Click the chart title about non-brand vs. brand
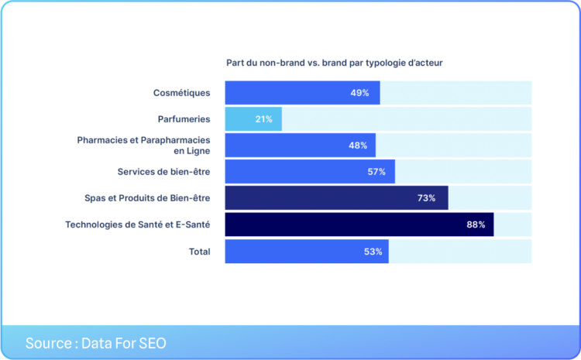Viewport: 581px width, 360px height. pyautogui.click(x=334, y=63)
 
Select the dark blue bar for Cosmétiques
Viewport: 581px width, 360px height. pyautogui.click(x=302, y=93)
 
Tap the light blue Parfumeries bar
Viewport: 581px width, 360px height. pyautogui.click(x=253, y=119)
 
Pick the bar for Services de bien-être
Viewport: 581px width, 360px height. pyautogui.click(x=310, y=172)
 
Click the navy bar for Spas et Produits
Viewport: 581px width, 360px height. pyautogui.click(x=336, y=198)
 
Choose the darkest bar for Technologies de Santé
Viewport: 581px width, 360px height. pyautogui.click(x=359, y=225)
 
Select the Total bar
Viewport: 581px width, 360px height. pyautogui.click(x=307, y=252)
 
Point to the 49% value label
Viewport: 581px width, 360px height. pyautogui.click(x=360, y=93)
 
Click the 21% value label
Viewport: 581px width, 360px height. pyautogui.click(x=263, y=119)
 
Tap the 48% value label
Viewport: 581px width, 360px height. pyautogui.click(x=357, y=146)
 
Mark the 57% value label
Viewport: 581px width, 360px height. pyautogui.click(x=376, y=172)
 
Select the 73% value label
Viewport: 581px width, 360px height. pyautogui.click(x=426, y=198)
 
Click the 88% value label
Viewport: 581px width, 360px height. pyautogui.click(x=476, y=225)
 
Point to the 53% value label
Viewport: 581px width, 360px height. pyautogui.click(x=373, y=252)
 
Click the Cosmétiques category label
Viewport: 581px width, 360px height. pyautogui.click(x=181, y=93)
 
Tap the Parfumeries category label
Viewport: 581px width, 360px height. pyautogui.click(x=184, y=119)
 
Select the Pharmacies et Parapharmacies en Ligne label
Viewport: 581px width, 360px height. pyautogui.click(x=143, y=146)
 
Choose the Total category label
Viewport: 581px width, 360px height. pyautogui.click(x=199, y=252)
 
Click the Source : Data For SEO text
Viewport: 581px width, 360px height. pyautogui.click(x=95, y=343)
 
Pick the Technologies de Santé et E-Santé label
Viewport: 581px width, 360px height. pyautogui.click(x=137, y=225)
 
